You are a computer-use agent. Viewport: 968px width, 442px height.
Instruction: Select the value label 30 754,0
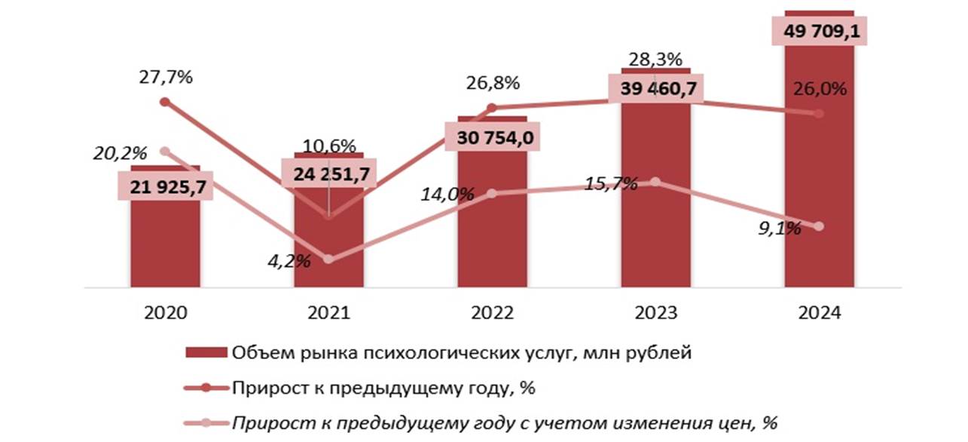(x=492, y=135)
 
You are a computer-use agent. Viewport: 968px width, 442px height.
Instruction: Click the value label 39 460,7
(x=655, y=88)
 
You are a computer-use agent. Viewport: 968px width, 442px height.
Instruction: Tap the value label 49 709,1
(x=820, y=32)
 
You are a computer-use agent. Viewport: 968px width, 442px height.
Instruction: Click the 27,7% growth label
(x=165, y=78)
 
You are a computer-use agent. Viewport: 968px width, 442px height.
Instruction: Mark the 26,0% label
(x=820, y=89)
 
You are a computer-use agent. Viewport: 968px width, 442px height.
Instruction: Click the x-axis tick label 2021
(x=328, y=313)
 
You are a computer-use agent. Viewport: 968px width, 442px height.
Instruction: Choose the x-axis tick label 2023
(x=655, y=313)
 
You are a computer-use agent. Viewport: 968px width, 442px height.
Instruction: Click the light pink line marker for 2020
(x=165, y=151)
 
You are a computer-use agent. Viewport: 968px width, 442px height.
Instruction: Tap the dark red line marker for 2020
(x=165, y=101)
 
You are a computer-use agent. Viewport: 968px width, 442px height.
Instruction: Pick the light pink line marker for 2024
(x=819, y=226)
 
